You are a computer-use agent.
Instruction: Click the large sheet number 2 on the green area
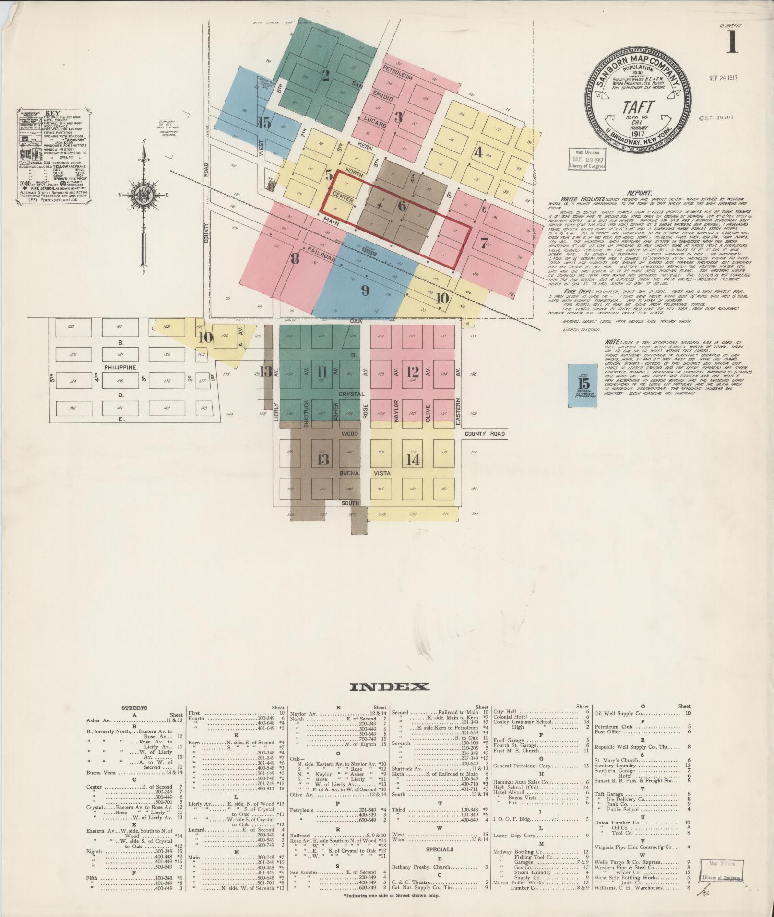[x=326, y=75]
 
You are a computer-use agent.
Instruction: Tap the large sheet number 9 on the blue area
[x=365, y=290]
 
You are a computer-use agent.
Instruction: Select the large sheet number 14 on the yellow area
[x=413, y=460]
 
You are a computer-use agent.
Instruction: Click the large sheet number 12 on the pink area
[x=413, y=371]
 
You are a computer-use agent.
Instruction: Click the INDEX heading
[x=390, y=687]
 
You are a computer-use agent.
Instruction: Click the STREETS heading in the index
[x=134, y=708]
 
